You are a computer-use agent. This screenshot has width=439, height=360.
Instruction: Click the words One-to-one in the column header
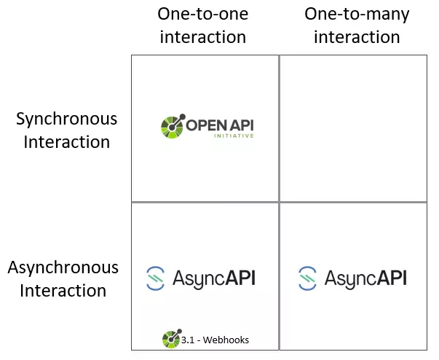[x=202, y=15]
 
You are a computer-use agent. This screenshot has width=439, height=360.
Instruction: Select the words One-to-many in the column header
[x=357, y=15]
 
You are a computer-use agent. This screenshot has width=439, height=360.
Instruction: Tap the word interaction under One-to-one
[x=202, y=37]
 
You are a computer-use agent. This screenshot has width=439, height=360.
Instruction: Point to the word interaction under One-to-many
[x=357, y=37]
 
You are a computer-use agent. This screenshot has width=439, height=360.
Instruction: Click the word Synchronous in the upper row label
[x=66, y=119]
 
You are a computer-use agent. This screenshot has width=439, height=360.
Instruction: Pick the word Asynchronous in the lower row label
[x=63, y=267]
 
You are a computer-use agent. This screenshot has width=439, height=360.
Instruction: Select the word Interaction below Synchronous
[x=66, y=142]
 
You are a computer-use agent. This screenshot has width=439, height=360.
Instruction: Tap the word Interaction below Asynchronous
[x=63, y=291]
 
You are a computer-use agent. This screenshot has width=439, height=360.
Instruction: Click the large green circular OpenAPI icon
[x=173, y=125]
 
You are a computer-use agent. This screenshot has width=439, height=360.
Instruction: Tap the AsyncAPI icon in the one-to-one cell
[x=155, y=278]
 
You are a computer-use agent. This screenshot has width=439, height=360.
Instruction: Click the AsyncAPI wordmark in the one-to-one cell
[x=214, y=278]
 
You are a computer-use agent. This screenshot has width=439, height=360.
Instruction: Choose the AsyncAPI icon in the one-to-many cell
[x=307, y=278]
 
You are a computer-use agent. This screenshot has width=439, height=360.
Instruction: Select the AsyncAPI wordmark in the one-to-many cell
[x=365, y=278]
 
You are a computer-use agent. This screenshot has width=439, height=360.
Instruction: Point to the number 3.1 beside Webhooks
[x=188, y=339]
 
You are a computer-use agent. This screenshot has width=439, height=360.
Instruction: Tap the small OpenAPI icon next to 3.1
[x=170, y=338]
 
